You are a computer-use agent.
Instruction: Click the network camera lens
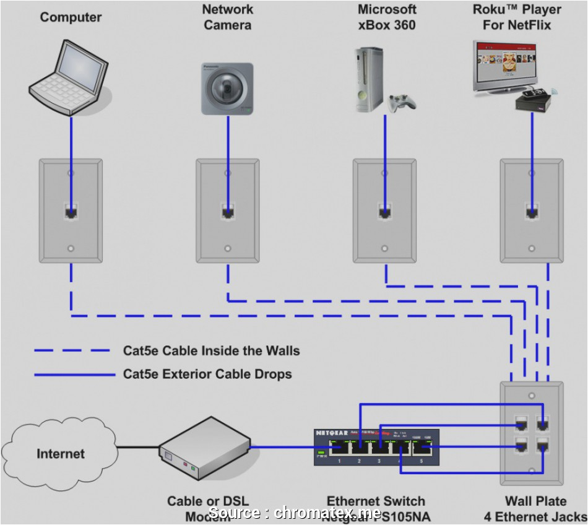[x=227, y=88]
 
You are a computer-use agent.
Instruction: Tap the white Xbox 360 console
[x=369, y=80]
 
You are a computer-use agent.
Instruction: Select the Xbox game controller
[x=401, y=103]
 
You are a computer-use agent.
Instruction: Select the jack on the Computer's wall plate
[x=71, y=212]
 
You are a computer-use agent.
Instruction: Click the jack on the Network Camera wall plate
[x=228, y=212]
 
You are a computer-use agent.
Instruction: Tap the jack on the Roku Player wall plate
[x=532, y=212]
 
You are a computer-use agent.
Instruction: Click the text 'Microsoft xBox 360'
[x=387, y=17]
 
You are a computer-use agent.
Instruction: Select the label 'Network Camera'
[x=228, y=17]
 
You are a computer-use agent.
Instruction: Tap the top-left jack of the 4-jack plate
[x=521, y=424]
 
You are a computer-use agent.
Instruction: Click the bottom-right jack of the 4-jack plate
[x=543, y=446]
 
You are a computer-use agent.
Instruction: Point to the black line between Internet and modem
[x=137, y=446]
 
